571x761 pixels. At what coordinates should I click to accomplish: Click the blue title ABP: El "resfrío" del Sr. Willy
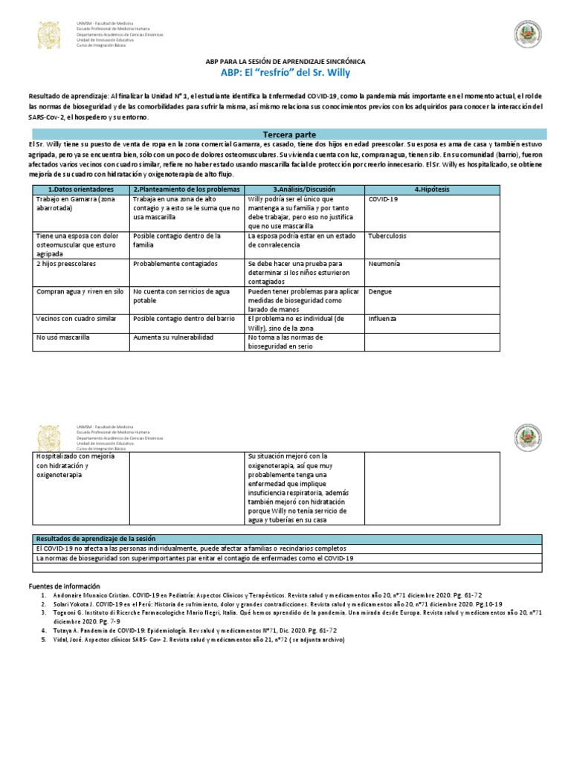point(285,73)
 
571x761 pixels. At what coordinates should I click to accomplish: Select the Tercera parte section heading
point(285,134)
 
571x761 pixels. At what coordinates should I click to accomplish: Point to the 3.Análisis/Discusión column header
point(305,190)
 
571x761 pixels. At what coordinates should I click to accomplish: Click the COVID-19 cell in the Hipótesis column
point(383,199)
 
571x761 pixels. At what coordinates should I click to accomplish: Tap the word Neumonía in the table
point(384,264)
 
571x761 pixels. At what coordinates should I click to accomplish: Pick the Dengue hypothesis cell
point(380,292)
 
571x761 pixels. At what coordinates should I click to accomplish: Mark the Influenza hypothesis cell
point(383,318)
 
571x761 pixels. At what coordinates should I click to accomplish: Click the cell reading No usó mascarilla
point(62,337)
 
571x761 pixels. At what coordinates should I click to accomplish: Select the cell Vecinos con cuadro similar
point(76,318)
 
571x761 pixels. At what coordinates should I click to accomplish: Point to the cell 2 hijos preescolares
point(66,264)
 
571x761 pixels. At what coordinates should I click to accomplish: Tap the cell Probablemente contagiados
point(173,264)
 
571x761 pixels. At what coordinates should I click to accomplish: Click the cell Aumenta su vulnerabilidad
point(172,337)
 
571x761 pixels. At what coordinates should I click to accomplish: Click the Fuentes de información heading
point(63,586)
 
